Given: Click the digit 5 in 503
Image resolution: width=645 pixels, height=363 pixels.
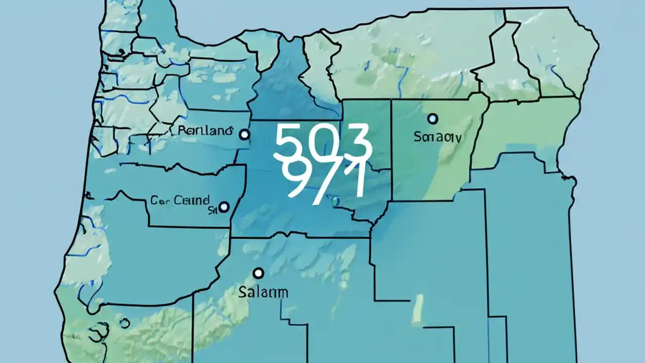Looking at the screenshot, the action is (289, 142).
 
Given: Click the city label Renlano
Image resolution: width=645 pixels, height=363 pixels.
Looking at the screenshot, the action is (206, 130).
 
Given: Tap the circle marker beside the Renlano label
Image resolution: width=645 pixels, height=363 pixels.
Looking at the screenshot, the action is (244, 134).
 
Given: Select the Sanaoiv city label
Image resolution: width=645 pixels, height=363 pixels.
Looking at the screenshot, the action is (437, 136).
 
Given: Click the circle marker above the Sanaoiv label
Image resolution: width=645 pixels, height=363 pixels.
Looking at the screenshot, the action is (432, 119).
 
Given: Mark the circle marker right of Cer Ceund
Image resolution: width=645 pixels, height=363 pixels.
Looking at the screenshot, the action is (223, 207).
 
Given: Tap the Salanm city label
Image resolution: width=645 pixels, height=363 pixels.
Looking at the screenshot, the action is (264, 292).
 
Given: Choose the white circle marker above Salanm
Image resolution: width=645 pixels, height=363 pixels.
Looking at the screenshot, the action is (259, 273).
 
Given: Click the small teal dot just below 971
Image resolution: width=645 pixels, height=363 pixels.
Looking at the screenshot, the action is (335, 202).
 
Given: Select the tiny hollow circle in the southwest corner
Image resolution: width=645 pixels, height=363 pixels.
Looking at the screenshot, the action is (124, 323).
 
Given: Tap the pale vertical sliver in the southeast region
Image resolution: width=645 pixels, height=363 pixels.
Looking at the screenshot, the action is (417, 309).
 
